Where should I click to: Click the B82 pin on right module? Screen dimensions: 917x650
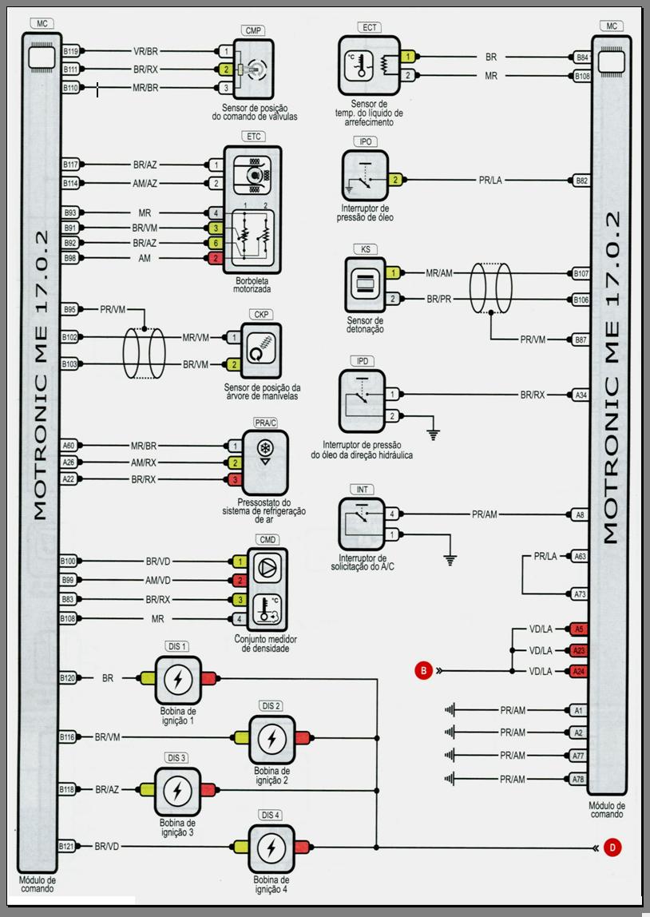click(582, 181)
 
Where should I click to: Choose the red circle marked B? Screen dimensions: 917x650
click(423, 671)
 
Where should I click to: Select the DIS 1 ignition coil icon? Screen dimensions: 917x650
click(177, 679)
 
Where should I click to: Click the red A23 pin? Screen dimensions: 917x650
click(579, 650)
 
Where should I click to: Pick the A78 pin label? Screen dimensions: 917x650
click(579, 779)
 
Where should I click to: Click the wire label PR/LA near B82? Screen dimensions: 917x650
click(490, 181)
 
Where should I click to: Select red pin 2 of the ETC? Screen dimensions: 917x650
click(216, 258)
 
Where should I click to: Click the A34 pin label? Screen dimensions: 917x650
click(581, 395)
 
